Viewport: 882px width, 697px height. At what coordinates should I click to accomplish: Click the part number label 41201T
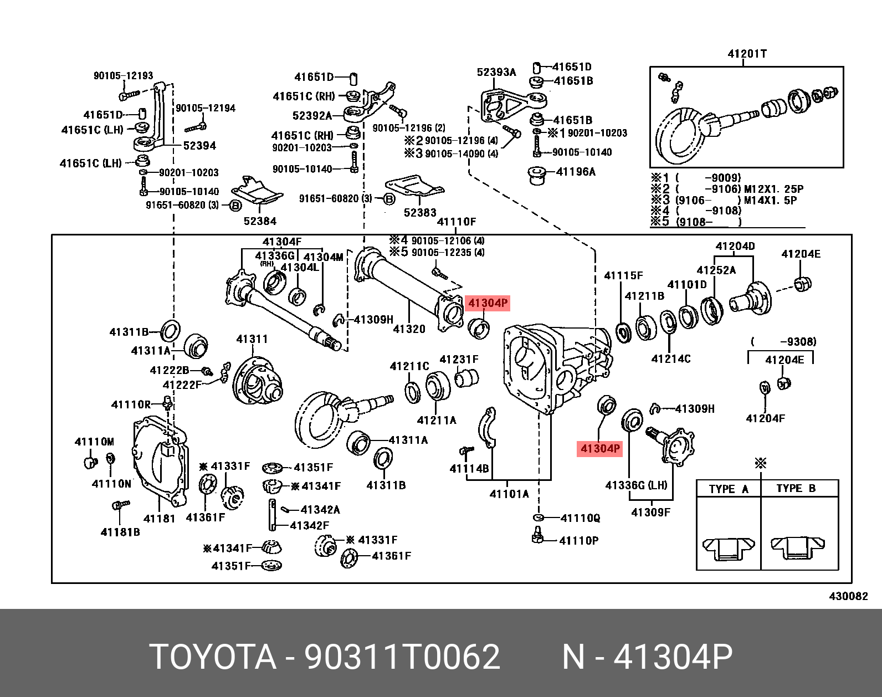click(747, 54)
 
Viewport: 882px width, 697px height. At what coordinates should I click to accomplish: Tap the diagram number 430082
click(848, 596)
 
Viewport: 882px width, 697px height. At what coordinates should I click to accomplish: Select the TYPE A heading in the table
click(729, 489)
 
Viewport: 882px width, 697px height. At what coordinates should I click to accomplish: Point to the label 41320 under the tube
click(409, 329)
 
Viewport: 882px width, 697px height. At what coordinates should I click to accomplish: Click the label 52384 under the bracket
click(260, 221)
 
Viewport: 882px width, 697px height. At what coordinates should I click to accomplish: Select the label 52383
click(420, 213)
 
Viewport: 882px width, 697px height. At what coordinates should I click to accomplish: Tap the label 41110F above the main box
click(457, 222)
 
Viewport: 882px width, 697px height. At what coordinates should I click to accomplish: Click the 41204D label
click(735, 246)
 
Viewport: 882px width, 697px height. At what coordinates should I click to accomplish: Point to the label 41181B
click(120, 532)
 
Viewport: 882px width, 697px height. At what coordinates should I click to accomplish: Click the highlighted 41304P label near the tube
click(488, 303)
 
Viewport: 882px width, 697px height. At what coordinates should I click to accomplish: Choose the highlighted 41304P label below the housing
click(600, 448)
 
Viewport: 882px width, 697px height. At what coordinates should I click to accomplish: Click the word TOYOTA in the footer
click(213, 657)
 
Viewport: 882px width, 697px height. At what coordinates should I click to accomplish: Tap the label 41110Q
click(580, 518)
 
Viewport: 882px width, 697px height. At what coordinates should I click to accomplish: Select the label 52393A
click(496, 72)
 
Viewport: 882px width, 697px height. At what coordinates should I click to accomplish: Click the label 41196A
click(576, 172)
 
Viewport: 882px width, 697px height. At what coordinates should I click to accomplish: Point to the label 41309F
click(650, 512)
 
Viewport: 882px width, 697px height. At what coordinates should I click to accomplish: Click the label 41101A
click(509, 494)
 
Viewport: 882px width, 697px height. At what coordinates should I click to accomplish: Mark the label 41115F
click(623, 275)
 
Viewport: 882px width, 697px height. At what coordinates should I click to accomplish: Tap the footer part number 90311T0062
click(402, 657)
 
